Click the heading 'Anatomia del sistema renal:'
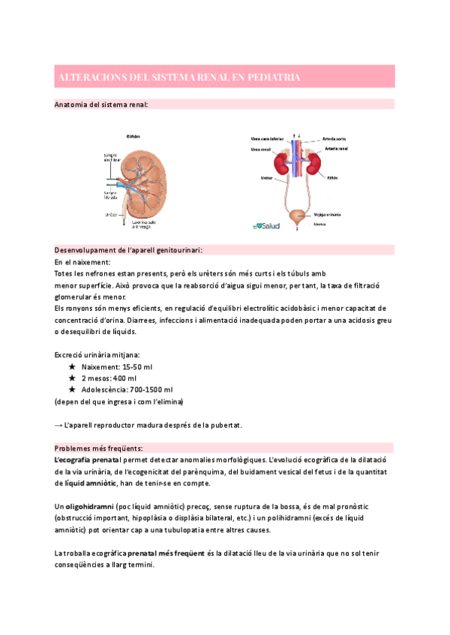[x=101, y=105]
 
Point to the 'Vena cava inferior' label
[x=266, y=139]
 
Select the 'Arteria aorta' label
[x=334, y=139]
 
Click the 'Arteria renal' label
[x=335, y=149]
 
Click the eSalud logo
[x=266, y=224]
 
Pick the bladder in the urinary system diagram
[x=300, y=214]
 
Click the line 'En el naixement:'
[x=82, y=262]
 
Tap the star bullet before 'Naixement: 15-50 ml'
[x=72, y=368]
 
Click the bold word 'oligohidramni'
[x=93, y=506]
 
